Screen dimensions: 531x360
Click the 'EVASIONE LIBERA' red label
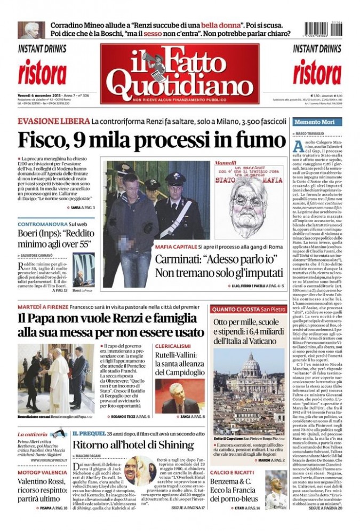click(53, 121)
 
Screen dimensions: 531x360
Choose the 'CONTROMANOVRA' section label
click(41, 225)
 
